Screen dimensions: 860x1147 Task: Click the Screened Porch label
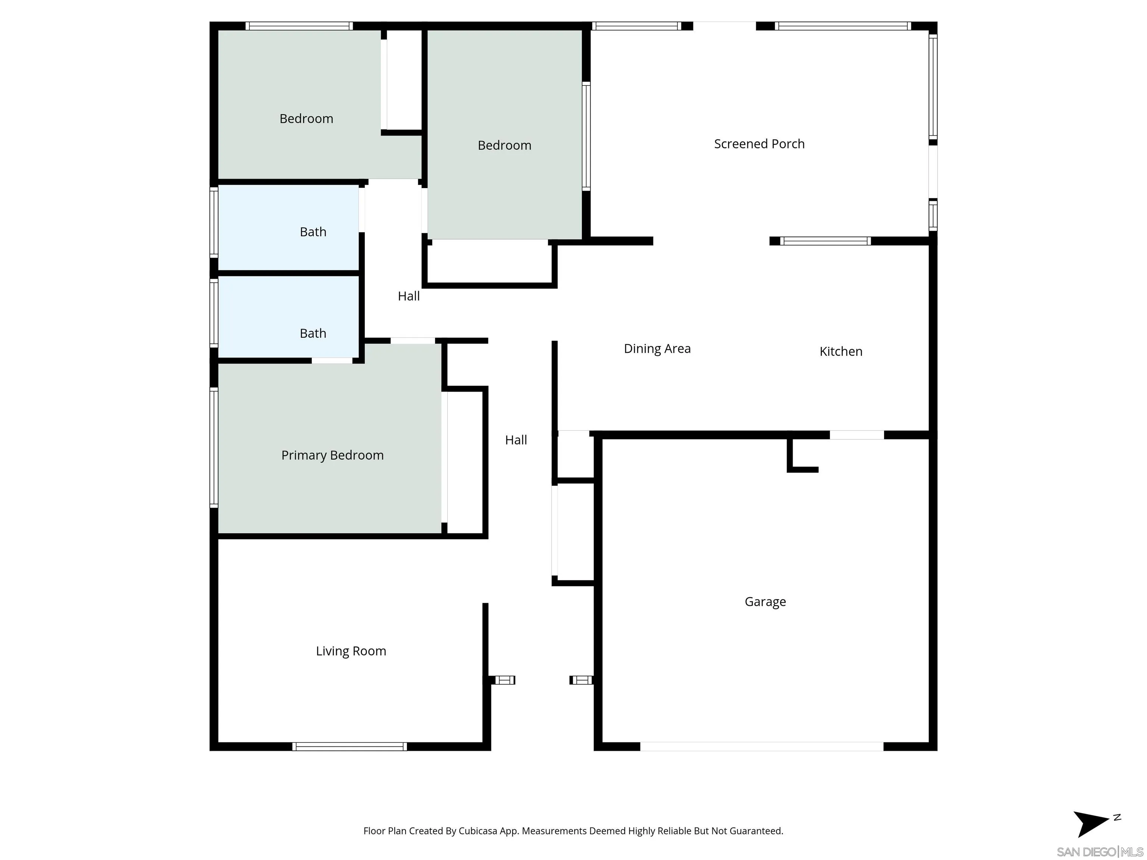pyautogui.click(x=759, y=144)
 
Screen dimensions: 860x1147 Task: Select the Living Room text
pyautogui.click(x=351, y=651)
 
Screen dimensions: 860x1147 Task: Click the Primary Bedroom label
pyautogui.click(x=332, y=455)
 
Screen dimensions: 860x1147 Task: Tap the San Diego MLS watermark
pyautogui.click(x=1099, y=852)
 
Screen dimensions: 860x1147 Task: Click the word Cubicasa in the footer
pyautogui.click(x=478, y=831)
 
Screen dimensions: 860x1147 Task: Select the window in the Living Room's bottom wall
pyautogui.click(x=349, y=747)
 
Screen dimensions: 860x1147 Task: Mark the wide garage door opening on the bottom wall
pyautogui.click(x=761, y=747)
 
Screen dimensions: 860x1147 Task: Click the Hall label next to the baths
pyautogui.click(x=408, y=296)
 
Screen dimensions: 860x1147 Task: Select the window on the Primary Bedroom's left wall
pyautogui.click(x=214, y=447)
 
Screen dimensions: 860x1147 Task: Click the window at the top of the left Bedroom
pyautogui.click(x=299, y=26)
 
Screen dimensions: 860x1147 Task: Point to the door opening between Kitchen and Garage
pyautogui.click(x=857, y=435)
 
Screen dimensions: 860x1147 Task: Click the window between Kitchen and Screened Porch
pyautogui.click(x=825, y=241)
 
